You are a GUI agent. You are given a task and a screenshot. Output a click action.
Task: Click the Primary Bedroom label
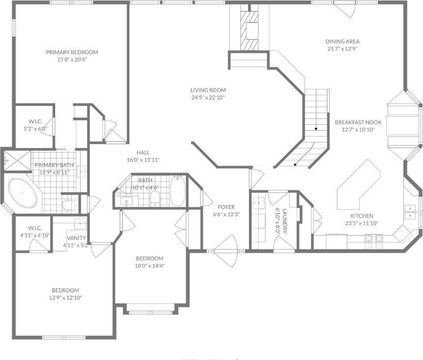[72, 52]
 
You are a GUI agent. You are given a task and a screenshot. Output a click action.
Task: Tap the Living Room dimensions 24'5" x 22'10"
[208, 97]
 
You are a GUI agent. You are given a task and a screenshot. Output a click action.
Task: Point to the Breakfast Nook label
[355, 122]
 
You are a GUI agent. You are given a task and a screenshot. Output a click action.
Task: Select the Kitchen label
[362, 216]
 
